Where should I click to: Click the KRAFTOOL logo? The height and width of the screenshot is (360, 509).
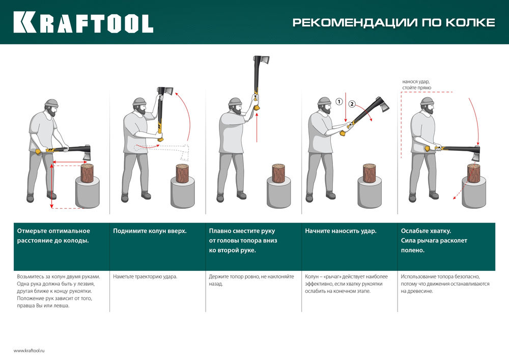(x=83, y=22)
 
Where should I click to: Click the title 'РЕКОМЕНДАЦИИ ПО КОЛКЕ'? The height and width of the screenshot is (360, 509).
(x=393, y=23)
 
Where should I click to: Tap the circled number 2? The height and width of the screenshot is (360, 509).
(x=352, y=105)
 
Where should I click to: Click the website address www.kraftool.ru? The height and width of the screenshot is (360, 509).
(x=30, y=350)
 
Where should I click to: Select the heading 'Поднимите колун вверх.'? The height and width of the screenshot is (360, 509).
(x=150, y=231)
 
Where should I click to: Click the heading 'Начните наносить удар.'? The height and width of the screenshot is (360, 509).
(x=341, y=231)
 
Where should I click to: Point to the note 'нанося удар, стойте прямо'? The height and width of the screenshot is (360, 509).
(x=416, y=85)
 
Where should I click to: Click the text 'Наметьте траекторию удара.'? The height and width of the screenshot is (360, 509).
(x=145, y=276)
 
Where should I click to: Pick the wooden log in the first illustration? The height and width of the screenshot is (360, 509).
(x=88, y=173)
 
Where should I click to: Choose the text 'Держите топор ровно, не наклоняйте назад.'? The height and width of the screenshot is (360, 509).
(x=251, y=280)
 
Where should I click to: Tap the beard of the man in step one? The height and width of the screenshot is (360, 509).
(x=52, y=113)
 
